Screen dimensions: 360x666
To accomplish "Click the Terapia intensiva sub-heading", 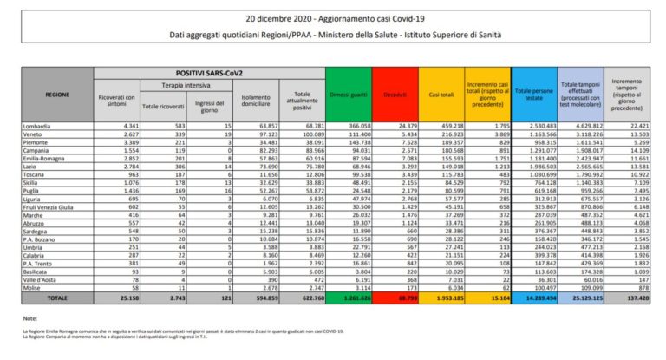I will point(185,85).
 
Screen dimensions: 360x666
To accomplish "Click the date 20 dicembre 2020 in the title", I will point(260,18).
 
